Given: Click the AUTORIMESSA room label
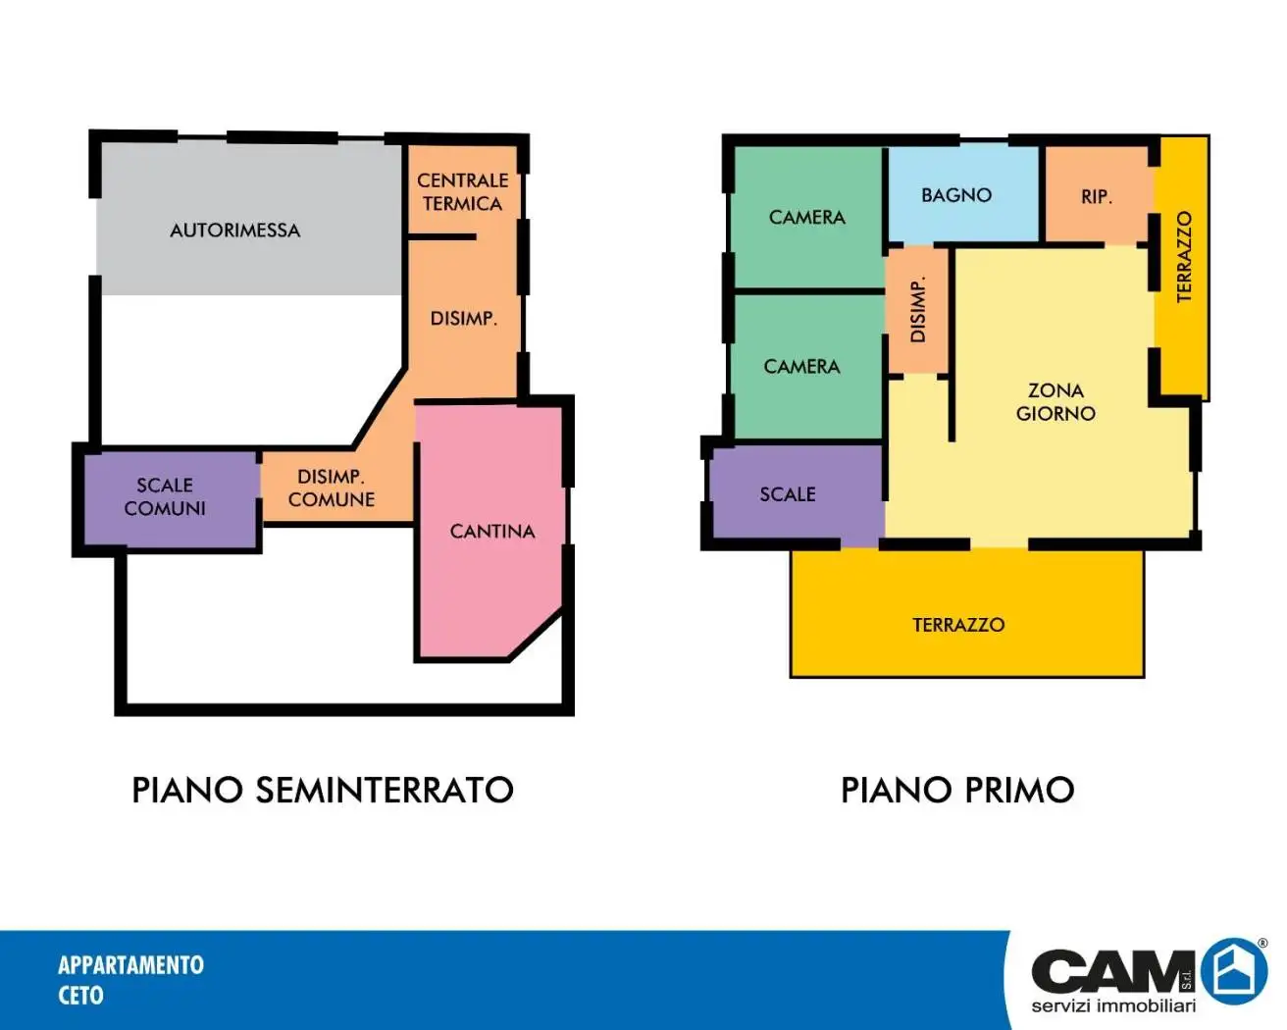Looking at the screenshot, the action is pos(235,231).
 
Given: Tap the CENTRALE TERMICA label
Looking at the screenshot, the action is pos(462,192).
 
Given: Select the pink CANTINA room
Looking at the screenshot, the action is pos(490,533).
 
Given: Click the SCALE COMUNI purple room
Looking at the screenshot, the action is pos(171,498).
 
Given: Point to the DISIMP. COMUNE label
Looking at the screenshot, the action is pos(332,489).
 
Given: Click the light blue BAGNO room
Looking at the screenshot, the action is pos(963,195).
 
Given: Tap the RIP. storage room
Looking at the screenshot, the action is pos(1098,195).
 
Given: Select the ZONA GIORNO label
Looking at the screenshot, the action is pos(1055,402).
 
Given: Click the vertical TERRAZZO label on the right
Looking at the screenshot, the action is pos(1184,257).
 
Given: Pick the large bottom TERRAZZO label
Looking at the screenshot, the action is pos(958,625).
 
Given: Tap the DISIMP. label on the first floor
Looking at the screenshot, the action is pos(917,309).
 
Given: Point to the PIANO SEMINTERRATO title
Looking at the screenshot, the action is pos(323,790).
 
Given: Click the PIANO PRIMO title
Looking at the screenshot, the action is pos(957,790).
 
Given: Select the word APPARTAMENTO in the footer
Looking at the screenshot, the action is pos(131,965).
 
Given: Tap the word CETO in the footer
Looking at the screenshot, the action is pos(80,996).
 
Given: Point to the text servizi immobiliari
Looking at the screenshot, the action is pos(1113,1006).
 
